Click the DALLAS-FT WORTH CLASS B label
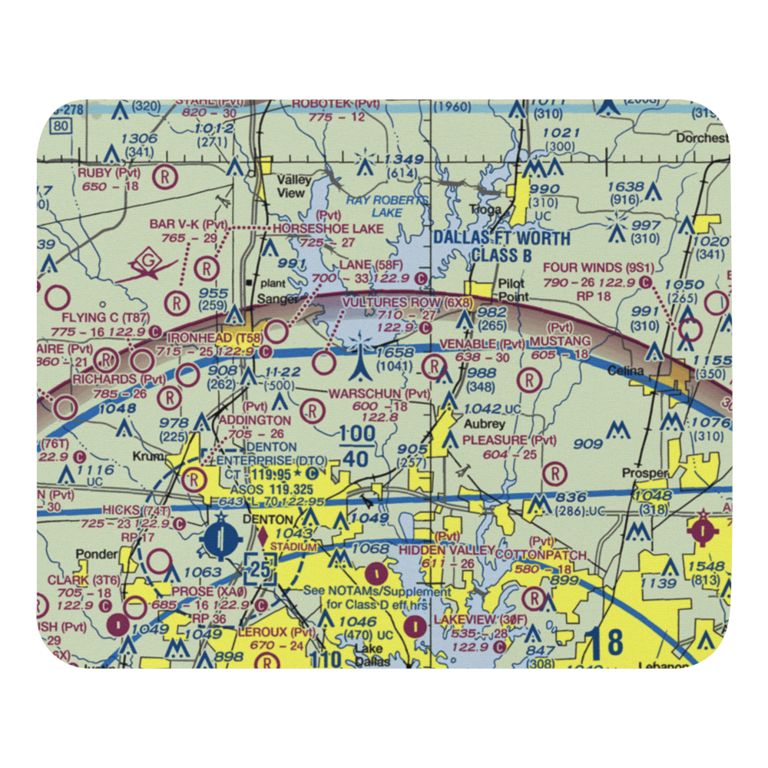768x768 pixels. pos(502,246)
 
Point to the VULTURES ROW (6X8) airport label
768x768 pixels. pos(407,303)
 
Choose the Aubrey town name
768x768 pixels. pos(484,424)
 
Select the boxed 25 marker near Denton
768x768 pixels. pos(258,570)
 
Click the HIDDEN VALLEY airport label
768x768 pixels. pos(446,550)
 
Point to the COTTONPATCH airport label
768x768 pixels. pos(541,554)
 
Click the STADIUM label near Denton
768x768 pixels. pos(293,547)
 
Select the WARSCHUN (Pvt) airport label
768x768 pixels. pos(379,394)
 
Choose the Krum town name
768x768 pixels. pos(153,455)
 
